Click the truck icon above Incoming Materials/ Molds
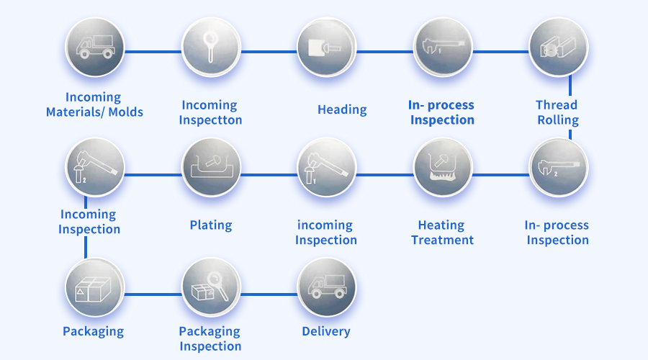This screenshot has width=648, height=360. point(94,48)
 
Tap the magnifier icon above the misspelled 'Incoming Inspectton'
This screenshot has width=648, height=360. point(210,48)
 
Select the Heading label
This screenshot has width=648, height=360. point(342,109)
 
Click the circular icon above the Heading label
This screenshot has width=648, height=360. point(326,48)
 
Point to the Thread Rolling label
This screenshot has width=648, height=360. point(557,112)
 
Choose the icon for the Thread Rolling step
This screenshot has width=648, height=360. point(558,48)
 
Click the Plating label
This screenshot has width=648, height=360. point(211,225)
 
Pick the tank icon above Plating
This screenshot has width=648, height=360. point(210,167)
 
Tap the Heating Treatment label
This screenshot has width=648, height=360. point(442,233)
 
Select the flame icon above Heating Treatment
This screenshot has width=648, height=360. point(442,167)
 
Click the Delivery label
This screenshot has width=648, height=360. point(326,331)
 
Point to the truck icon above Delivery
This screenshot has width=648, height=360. point(326,287)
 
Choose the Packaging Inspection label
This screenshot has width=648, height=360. point(210,338)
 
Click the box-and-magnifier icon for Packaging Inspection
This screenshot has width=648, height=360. point(210,287)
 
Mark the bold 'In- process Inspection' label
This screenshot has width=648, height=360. point(442,112)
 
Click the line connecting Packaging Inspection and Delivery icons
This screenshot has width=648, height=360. point(268,294)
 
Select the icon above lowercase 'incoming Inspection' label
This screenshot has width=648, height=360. point(326,167)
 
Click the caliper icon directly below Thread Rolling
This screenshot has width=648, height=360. point(558,167)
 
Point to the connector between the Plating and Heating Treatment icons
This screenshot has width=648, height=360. point(268,174)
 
